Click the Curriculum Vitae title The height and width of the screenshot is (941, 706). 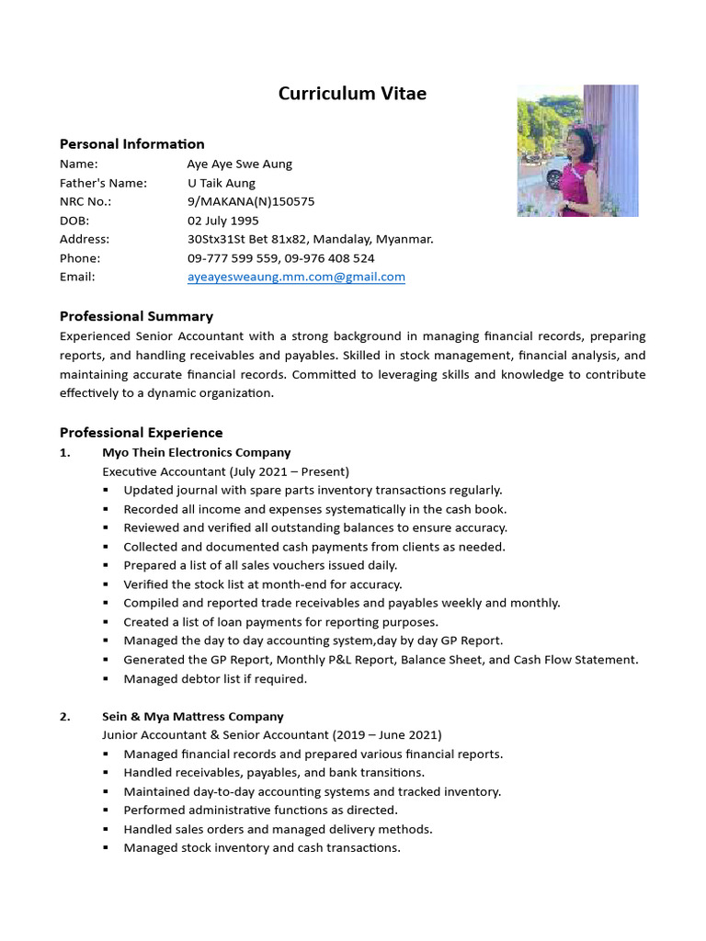coord(352,94)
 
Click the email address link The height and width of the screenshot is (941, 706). coord(296,277)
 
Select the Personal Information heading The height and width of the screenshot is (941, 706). coord(132,143)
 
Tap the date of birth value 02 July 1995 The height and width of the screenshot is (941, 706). coord(223,221)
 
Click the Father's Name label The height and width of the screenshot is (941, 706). coord(103,183)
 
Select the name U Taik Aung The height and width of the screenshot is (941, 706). coord(222,183)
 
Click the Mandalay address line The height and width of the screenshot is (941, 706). coord(310,239)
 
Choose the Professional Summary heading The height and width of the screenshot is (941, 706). coord(136,316)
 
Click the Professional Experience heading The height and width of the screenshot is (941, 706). coord(142,432)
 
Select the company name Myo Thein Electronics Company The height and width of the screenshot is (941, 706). coord(196,452)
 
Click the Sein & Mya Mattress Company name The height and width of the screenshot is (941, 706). coord(192,716)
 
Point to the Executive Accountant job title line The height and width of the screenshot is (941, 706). coord(225,471)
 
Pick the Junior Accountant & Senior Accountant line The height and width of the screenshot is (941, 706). coord(271,735)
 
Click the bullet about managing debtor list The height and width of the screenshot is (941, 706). coord(215,679)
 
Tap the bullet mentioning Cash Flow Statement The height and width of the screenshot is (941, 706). coord(381,660)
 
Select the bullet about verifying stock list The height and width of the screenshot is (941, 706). coord(263,584)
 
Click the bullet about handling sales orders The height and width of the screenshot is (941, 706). coord(278,829)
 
